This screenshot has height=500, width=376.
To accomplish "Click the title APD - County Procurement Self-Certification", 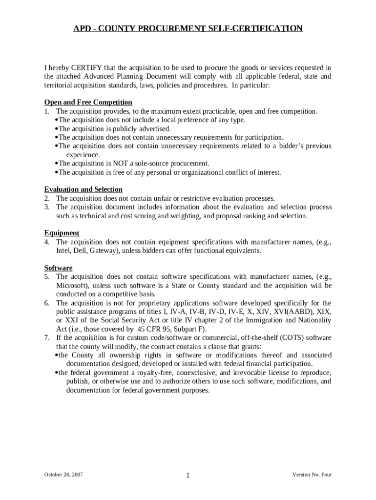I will click(x=188, y=29).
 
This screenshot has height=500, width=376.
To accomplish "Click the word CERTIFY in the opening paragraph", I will click(x=85, y=67).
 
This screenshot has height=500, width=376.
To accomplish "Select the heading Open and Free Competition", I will click(x=88, y=102).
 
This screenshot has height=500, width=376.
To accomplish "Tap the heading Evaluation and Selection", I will click(x=83, y=189).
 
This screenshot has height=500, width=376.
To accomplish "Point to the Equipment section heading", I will click(x=62, y=233).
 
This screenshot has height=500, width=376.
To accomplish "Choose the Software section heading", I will click(x=58, y=268).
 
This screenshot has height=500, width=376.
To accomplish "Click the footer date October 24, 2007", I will click(x=63, y=475).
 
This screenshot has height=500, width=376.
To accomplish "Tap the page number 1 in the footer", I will click(x=188, y=476).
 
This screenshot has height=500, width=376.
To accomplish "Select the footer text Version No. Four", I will click(x=312, y=475).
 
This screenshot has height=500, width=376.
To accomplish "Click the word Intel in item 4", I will click(x=64, y=251).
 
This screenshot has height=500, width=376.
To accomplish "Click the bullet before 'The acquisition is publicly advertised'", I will click(x=56, y=129).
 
